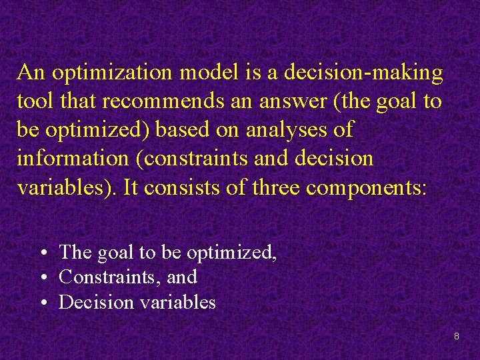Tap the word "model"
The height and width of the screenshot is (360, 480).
tap(197, 73)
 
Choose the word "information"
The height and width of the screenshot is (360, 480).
tap(71, 159)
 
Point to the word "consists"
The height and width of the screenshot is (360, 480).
tap(177, 187)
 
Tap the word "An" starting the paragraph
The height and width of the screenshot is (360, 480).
tap(30, 73)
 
